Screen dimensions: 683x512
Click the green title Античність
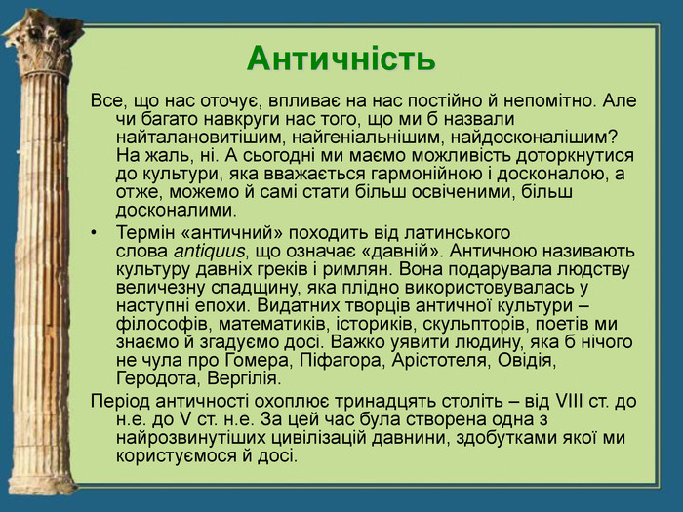click(341, 59)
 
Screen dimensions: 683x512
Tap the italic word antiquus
click(209, 252)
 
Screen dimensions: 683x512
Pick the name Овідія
click(527, 361)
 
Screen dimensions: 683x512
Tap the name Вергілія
click(244, 378)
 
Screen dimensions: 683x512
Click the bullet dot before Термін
click(94, 233)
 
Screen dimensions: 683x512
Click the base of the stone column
click(43, 483)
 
